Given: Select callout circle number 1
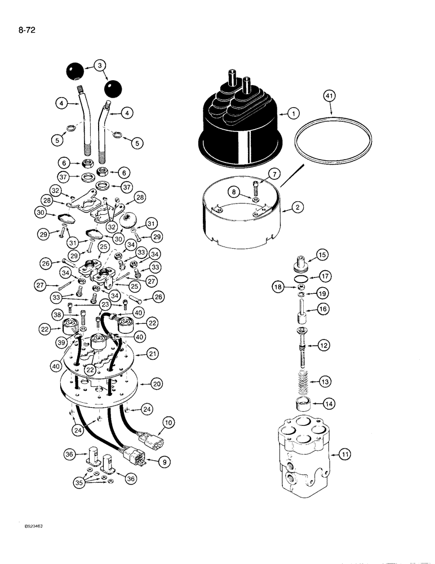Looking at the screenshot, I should pyautogui.click(x=292, y=114).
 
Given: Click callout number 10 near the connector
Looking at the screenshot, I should pyautogui.click(x=168, y=422).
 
